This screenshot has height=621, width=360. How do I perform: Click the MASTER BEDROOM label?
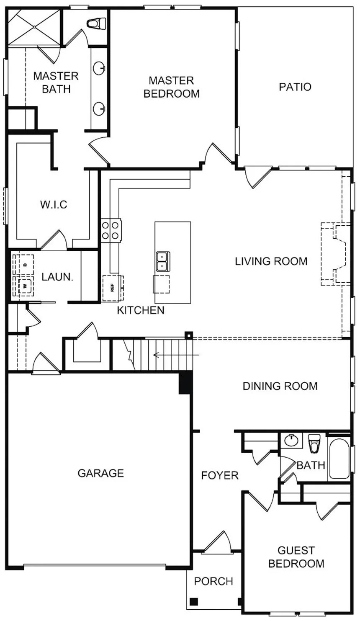pos(171,87)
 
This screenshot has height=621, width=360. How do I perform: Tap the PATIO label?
pos(295,87)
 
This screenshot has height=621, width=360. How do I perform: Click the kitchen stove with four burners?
pos(111,230)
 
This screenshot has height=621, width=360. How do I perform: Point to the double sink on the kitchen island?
pos(162,261)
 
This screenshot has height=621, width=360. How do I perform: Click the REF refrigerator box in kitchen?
pos(112,288)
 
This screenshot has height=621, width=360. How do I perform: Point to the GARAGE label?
pos(100,473)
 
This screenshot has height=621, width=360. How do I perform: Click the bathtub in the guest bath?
pos(339,459)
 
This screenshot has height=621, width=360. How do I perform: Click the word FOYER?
pos(220,475)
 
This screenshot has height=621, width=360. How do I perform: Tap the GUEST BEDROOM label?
pos(296,557)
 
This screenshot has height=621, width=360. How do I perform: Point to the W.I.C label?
pos(54,205)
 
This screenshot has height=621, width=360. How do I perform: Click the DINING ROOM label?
pos(280,386)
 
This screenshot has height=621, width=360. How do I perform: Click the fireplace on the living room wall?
pos(335,254)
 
